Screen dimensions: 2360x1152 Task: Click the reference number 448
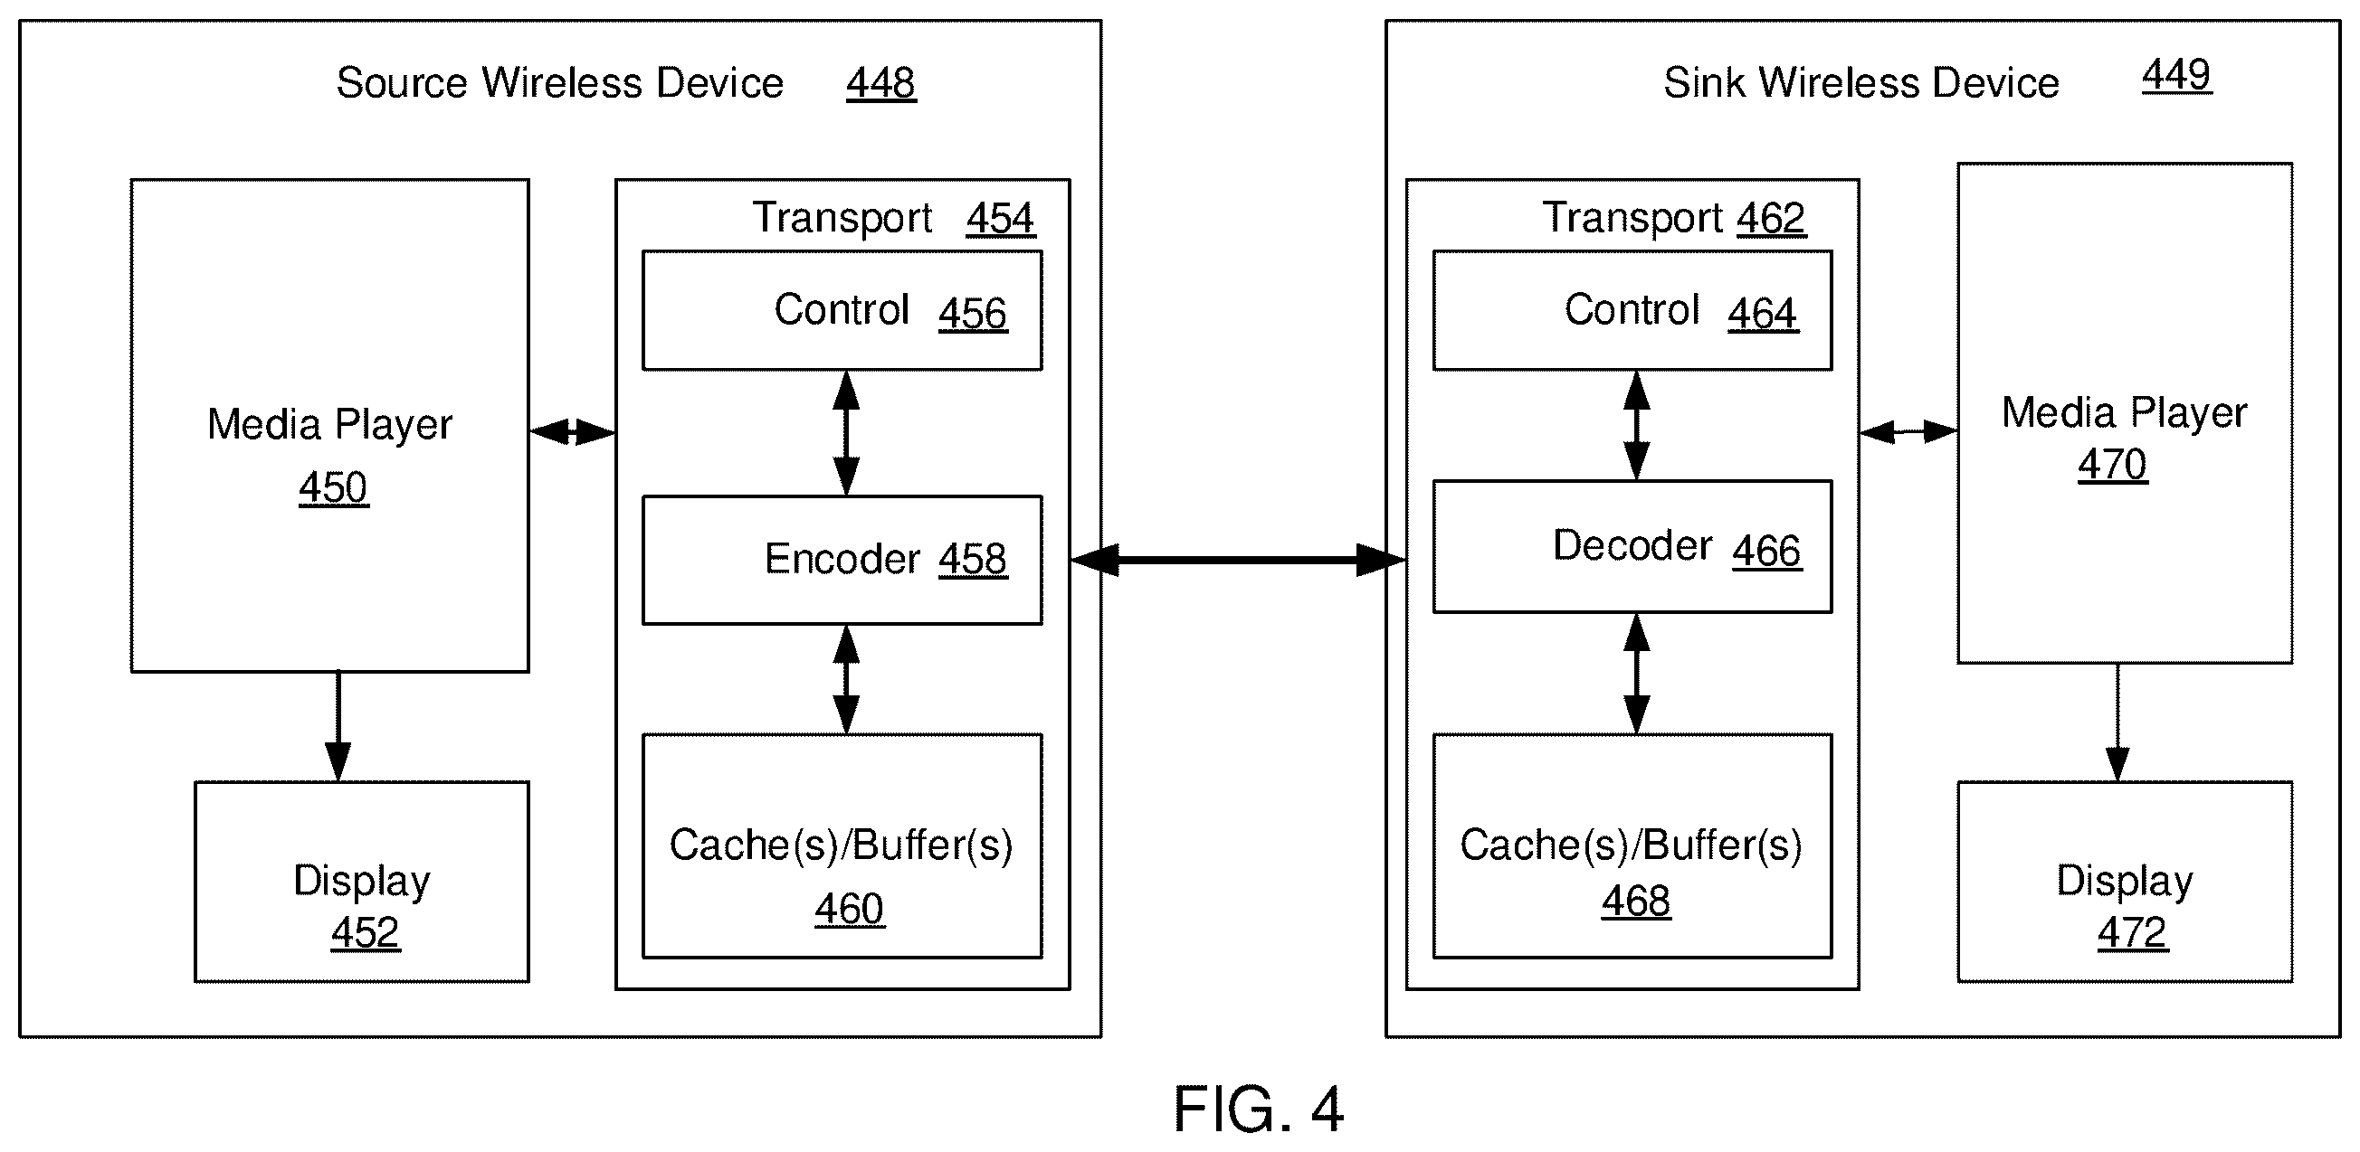tap(880, 83)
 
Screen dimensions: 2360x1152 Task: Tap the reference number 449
tap(2176, 74)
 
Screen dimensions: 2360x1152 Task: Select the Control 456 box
tap(842, 310)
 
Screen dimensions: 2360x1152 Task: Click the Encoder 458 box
tap(842, 560)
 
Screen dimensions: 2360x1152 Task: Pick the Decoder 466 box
tap(1632, 547)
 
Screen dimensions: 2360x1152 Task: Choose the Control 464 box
tap(1632, 310)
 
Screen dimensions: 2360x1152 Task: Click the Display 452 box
tap(362, 882)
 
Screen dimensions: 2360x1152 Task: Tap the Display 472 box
tap(2125, 882)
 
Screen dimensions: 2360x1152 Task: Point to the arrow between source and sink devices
tap(1238, 560)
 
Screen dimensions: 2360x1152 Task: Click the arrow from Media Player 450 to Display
tap(338, 726)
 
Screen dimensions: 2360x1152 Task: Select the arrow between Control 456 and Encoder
tap(845, 433)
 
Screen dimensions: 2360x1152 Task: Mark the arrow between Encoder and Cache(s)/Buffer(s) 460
tap(845, 679)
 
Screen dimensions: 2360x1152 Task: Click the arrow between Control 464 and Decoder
tap(1636, 426)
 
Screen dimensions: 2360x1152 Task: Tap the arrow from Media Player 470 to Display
tap(2117, 722)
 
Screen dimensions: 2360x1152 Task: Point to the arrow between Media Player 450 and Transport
tap(573, 431)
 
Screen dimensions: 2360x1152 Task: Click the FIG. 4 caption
tap(1259, 1109)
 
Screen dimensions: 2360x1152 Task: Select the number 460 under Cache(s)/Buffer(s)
tap(850, 910)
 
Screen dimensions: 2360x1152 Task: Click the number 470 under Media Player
tap(2112, 464)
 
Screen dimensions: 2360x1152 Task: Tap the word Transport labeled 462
tap(1632, 218)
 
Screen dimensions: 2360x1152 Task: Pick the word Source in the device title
tap(402, 83)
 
